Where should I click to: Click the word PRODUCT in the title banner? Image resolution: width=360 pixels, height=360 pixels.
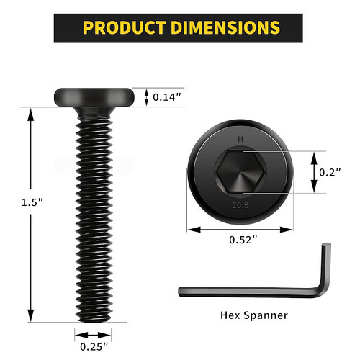point(125,27)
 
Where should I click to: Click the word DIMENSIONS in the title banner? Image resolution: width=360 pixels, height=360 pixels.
point(225,27)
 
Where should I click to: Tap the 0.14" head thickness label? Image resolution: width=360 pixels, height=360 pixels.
point(167,97)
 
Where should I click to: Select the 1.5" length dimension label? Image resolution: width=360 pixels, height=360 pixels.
point(32,202)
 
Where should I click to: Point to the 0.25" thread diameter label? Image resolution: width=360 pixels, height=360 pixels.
point(94,346)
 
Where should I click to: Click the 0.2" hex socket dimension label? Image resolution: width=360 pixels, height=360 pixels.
point(330,172)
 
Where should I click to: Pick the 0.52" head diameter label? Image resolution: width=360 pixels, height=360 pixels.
point(243,240)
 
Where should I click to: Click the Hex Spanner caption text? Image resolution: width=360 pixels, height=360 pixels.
point(254,315)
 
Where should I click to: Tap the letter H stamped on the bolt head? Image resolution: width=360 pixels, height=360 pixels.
point(240,139)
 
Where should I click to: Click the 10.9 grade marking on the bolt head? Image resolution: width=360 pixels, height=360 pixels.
point(240,205)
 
